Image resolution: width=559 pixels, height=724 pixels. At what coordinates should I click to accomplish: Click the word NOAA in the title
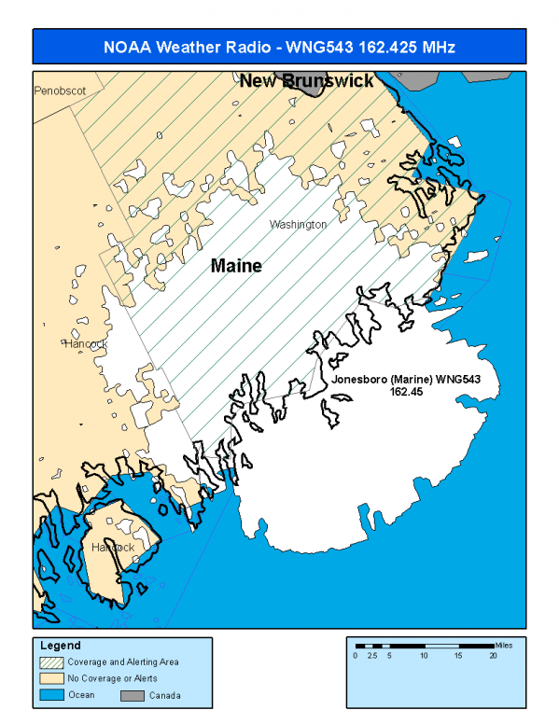click(123, 47)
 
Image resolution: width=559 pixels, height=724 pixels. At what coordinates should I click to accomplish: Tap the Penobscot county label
click(60, 91)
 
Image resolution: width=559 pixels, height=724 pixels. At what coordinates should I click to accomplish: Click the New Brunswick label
click(306, 81)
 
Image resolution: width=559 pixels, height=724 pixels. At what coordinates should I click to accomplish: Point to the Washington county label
click(298, 225)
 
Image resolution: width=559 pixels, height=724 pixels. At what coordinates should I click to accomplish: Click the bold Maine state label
click(236, 266)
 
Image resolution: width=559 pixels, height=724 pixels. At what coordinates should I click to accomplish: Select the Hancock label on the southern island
click(113, 547)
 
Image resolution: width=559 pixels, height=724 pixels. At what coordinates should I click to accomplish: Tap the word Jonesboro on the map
click(360, 382)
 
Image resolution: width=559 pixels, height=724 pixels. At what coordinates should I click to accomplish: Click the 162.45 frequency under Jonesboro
click(406, 393)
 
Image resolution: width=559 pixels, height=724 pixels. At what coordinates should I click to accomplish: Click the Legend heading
click(61, 646)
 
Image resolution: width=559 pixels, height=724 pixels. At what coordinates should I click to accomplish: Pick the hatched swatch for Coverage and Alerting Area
click(53, 661)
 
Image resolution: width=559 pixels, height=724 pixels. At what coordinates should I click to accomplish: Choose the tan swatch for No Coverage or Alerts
click(53, 678)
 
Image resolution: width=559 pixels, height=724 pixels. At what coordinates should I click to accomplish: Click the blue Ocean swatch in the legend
click(53, 695)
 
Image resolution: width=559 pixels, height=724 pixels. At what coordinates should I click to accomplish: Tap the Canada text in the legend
click(165, 695)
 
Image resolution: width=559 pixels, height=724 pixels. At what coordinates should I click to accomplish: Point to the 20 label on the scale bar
click(493, 656)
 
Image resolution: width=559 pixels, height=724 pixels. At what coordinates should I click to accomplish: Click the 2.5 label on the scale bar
click(371, 656)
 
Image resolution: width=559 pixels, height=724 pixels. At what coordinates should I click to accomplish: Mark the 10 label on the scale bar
click(424, 656)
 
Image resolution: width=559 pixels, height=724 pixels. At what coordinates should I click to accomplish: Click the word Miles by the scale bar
click(504, 645)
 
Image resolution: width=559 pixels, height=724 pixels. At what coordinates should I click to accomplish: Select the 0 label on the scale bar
click(355, 656)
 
